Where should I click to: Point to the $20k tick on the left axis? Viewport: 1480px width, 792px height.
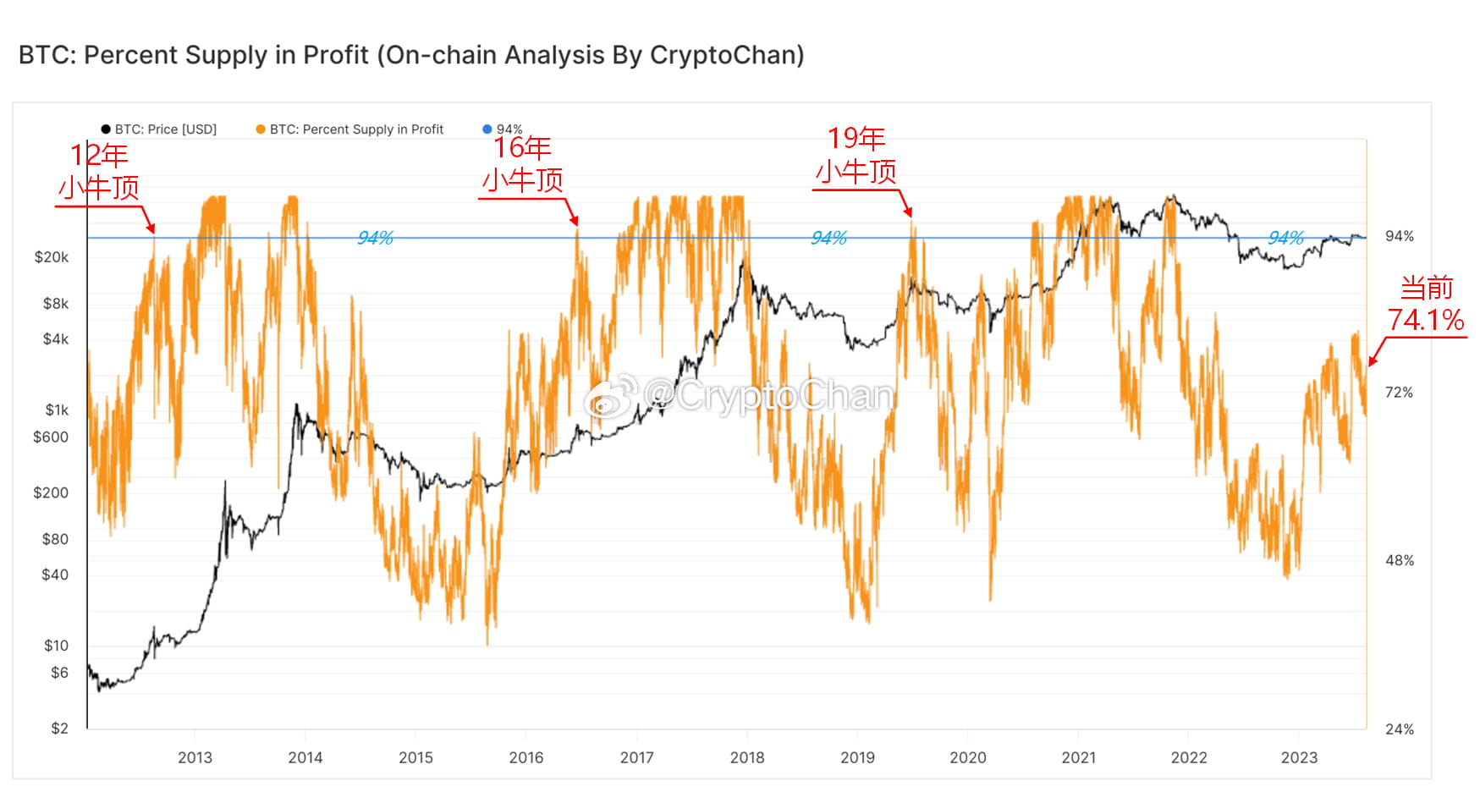tap(52, 257)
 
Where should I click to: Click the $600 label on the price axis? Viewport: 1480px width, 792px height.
tap(51, 437)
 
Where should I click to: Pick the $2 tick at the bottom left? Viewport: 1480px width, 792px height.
tap(59, 729)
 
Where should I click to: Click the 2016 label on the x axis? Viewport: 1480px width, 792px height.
tap(525, 758)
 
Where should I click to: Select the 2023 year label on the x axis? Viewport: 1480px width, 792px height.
tap(1298, 758)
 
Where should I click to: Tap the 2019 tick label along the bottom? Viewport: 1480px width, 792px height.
tap(857, 758)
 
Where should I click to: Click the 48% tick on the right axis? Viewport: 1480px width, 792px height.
tap(1399, 561)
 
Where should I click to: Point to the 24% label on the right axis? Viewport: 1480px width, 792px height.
tap(1399, 729)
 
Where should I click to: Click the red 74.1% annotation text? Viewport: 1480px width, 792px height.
tap(1425, 321)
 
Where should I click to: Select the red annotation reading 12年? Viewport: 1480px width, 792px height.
tap(99, 156)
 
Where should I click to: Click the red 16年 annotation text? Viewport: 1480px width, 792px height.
tap(522, 148)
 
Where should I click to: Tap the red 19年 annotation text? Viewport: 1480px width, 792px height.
tap(856, 139)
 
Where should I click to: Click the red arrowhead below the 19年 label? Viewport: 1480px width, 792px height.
tap(908, 212)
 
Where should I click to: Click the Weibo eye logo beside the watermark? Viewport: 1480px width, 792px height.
tap(612, 396)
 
